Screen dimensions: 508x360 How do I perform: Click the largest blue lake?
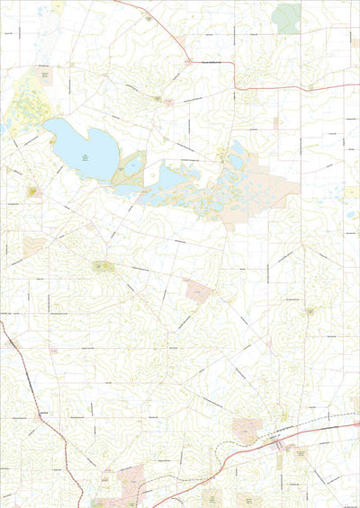(x=81, y=148)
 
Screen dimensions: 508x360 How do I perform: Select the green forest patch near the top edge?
(x=287, y=17)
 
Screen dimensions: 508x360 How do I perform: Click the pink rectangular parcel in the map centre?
(x=197, y=290)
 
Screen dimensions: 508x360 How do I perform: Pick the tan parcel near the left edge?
(x=33, y=245)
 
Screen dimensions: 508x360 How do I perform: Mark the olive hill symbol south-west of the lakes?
(x=103, y=266)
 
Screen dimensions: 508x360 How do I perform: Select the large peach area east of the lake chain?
(x=270, y=184)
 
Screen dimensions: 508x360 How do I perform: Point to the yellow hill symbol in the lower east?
(x=310, y=311)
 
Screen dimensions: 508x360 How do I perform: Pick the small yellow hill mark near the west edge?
(x=33, y=191)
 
